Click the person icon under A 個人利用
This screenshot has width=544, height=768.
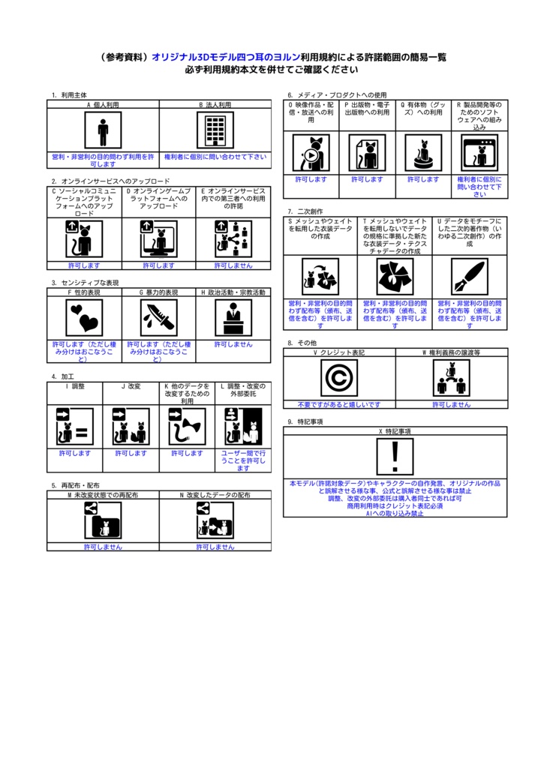coord(103,131)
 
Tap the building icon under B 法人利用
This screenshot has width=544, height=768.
coord(215,131)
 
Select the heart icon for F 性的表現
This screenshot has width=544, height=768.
coord(84,318)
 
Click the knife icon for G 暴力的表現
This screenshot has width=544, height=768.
coord(159,318)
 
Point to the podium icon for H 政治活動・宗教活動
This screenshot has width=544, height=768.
coord(233,318)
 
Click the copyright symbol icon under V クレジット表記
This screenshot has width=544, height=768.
coord(339,378)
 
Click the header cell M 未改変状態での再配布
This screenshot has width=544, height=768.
coord(103,496)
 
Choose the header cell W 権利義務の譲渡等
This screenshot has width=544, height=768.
coord(451,352)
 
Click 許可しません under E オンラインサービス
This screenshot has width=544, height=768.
coord(233,265)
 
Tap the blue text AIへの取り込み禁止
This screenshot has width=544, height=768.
coord(395,513)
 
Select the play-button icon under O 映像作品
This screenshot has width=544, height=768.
coord(311,154)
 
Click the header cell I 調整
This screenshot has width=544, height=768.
coord(75,386)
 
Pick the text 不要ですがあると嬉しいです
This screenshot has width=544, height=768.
coord(339,404)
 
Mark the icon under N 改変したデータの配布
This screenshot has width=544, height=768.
coord(215,520)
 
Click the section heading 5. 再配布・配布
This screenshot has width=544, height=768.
coord(75,486)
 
